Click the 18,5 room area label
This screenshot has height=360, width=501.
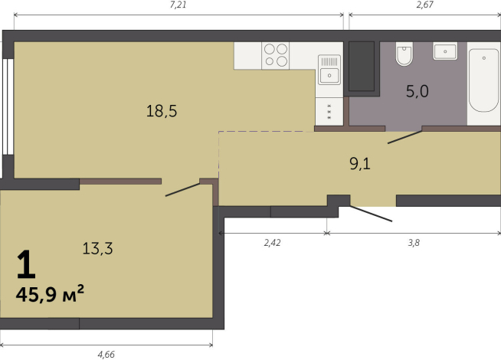coord(162,111)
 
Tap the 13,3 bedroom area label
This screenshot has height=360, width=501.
coord(97,248)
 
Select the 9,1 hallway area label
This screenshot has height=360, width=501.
coord(360,164)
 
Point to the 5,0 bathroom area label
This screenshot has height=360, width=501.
coord(417,91)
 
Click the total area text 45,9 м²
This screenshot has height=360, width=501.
coord(50,293)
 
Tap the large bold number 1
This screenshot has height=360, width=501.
coord(26,264)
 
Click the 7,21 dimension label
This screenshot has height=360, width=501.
coord(178,5)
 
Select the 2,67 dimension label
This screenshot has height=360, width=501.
coord(425,5)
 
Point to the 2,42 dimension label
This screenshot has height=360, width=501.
coord(272,243)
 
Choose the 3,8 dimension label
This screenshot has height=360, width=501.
coord(414,243)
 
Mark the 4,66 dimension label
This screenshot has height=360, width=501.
coord(106,355)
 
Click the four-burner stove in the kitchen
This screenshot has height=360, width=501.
coord(276,56)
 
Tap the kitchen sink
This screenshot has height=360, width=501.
coord(329,70)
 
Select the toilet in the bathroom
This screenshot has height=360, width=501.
coord(404,54)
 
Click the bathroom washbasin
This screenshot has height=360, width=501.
coord(445,51)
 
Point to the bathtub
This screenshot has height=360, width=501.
coord(483,80)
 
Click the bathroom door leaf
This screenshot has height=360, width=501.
coord(404,137)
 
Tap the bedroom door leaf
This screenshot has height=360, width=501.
coord(182,190)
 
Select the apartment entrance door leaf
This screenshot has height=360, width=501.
coord(371,214)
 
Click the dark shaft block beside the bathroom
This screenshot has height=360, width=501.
coord(362,66)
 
